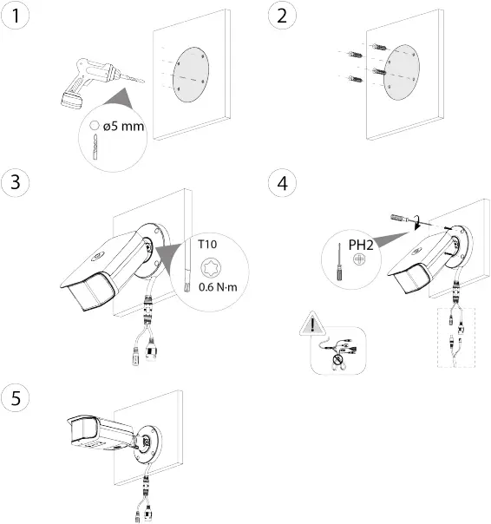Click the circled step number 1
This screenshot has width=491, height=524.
16,16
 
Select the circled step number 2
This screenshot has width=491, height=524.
280,16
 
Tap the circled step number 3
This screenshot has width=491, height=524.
16,184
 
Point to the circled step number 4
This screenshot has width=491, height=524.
280,184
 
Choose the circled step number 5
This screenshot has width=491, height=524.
16,397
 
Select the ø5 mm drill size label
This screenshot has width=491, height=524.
121,126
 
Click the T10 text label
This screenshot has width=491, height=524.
208,246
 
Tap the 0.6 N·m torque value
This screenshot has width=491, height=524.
217,286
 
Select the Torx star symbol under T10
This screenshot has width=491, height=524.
209,265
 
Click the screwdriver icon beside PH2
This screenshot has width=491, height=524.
334,260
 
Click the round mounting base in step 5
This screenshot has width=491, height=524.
148,440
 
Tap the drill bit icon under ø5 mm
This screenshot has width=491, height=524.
95,146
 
